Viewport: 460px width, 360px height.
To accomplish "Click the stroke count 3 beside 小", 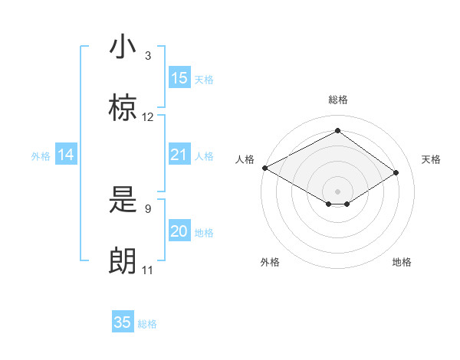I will tap(147, 56).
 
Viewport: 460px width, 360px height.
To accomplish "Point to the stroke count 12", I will tap(148, 117).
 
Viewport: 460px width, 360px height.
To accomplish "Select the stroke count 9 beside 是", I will tap(147, 208).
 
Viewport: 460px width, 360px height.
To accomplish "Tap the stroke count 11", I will tap(148, 270).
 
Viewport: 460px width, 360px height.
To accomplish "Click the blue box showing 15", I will tap(179, 78).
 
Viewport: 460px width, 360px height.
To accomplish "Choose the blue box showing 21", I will tap(179, 155).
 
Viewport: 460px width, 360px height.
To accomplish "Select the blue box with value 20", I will tap(179, 231).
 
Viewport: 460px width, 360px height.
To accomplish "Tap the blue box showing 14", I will tap(66, 155).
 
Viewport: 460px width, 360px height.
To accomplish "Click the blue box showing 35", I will tap(123, 322).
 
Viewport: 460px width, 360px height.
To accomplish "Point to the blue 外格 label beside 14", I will tap(41, 156).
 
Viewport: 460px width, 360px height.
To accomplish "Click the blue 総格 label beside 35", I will tap(147, 324).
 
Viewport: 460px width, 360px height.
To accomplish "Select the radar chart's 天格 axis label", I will tap(431, 159).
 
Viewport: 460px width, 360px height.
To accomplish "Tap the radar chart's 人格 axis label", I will tap(245, 159).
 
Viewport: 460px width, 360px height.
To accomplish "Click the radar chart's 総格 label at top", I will tap(338, 100).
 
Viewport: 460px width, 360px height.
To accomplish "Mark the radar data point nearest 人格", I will tap(264, 168).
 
